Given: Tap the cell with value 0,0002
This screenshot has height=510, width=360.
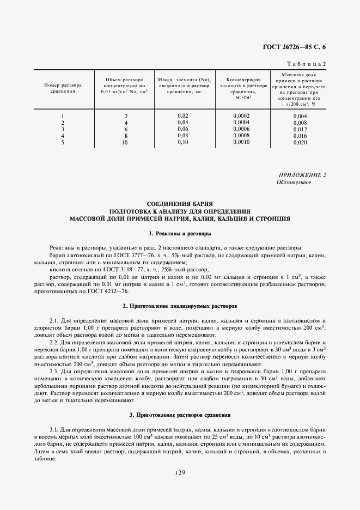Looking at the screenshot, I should (241, 116).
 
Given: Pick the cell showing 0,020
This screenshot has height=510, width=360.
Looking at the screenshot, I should (300, 142).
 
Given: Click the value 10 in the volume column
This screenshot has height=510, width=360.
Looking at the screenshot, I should (125, 142).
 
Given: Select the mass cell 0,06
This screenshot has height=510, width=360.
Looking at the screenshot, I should (183, 129).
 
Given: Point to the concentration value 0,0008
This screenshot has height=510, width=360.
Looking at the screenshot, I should (241, 136).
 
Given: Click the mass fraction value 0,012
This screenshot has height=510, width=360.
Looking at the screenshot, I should (300, 129).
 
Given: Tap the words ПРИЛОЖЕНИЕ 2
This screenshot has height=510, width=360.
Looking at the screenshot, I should (302, 175).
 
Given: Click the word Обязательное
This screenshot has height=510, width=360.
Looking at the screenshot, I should (294, 183).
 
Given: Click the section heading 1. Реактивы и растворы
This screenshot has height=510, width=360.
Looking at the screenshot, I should (180, 233).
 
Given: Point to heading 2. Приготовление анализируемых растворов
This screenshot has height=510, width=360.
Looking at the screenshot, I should (180, 305).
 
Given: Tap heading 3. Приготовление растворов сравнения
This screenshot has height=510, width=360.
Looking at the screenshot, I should (180, 415).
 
